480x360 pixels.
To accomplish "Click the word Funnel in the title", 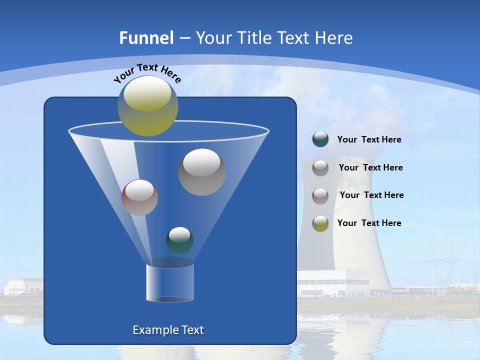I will [146, 38].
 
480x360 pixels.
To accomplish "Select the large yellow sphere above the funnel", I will [148, 106].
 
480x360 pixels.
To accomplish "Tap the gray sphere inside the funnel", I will [201, 172].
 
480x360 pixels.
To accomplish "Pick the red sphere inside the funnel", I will [139, 197].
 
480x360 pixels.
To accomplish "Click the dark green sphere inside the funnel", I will [179, 240].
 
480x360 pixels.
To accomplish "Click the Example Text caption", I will [168, 330].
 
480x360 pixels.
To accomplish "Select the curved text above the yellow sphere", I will [147, 73].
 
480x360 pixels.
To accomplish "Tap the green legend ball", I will [320, 139].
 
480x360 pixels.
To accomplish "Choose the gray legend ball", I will [320, 168].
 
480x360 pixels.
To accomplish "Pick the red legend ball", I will [320, 195].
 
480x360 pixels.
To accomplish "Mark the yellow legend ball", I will [320, 223].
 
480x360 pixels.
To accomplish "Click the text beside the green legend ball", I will [369, 140].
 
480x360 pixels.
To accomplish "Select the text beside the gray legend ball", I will [370, 168].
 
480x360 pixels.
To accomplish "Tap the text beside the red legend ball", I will [371, 195].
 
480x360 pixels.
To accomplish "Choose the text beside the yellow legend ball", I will [369, 223].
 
